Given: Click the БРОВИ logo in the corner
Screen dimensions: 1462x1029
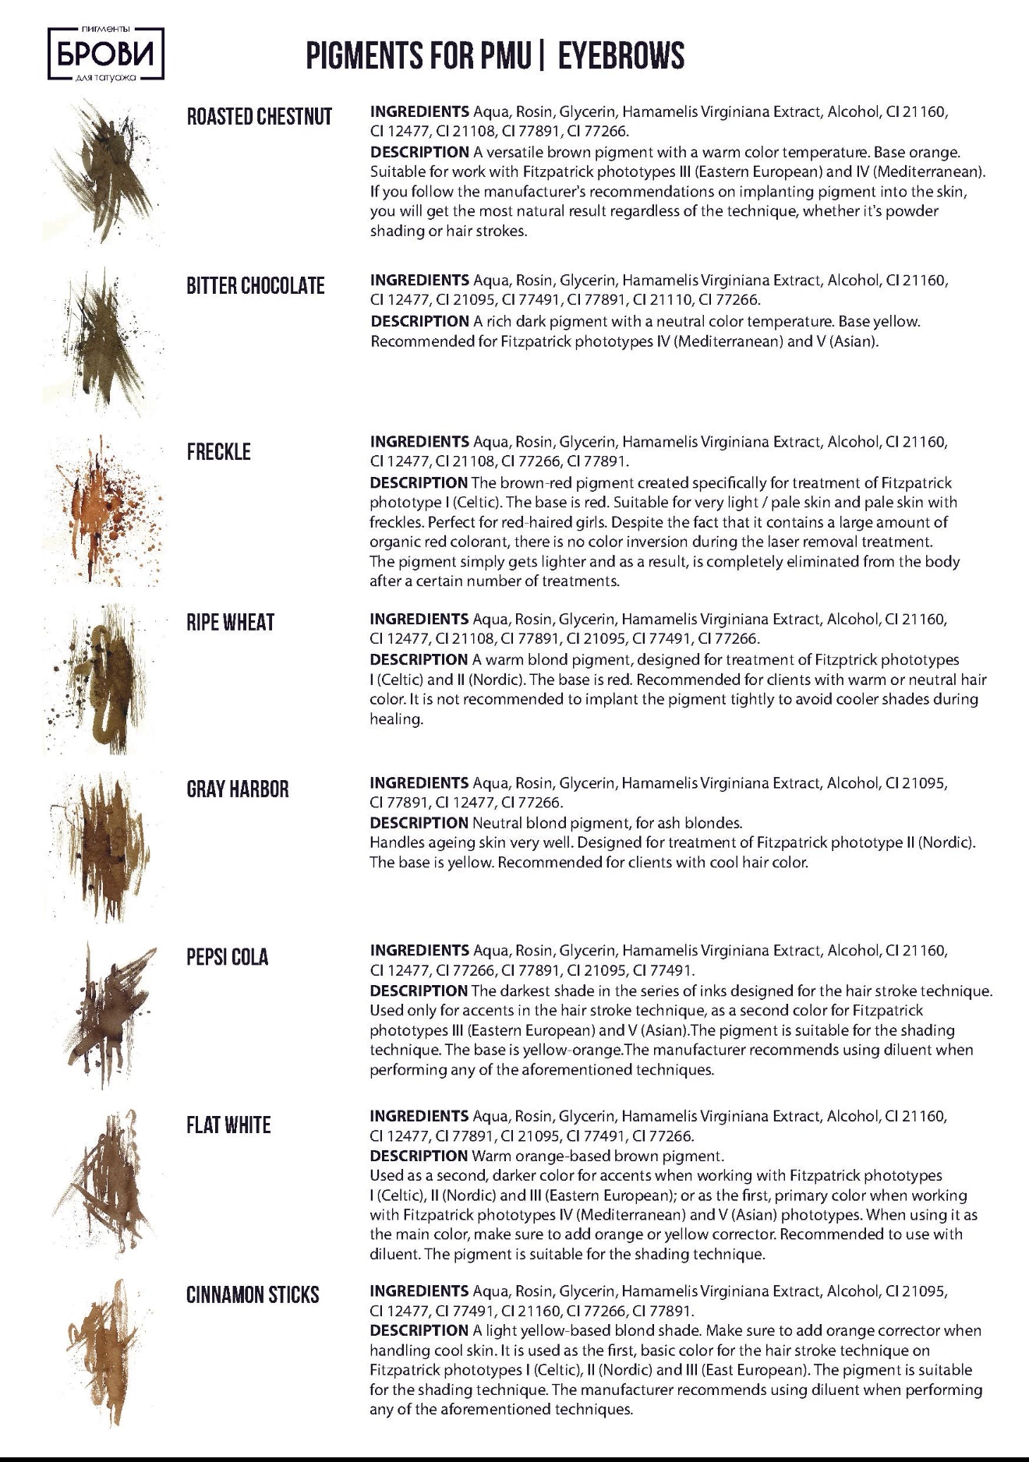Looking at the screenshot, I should (x=106, y=54).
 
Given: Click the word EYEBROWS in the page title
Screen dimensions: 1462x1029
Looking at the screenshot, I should (x=621, y=56).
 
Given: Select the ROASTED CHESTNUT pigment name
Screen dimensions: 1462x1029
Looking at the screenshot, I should (x=259, y=117).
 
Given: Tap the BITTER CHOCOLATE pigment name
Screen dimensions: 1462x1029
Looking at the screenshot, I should (x=255, y=286).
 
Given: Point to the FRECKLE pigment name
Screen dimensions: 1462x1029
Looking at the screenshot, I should (x=218, y=452).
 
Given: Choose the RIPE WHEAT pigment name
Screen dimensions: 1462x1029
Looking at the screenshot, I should (x=230, y=623).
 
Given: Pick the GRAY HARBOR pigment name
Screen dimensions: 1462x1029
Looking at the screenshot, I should (x=237, y=789).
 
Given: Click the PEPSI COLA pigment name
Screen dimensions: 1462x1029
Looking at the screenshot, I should (x=227, y=957).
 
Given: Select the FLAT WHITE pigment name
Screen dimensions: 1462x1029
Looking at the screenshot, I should (x=228, y=1125).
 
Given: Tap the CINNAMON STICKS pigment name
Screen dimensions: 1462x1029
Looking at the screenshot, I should (x=253, y=1295).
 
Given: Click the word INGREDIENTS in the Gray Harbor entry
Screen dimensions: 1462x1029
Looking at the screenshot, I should (x=419, y=782).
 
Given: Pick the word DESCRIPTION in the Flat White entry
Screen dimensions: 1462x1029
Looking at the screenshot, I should (x=419, y=1156).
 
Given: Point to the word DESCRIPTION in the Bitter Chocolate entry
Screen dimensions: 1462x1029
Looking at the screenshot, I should (x=419, y=321).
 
